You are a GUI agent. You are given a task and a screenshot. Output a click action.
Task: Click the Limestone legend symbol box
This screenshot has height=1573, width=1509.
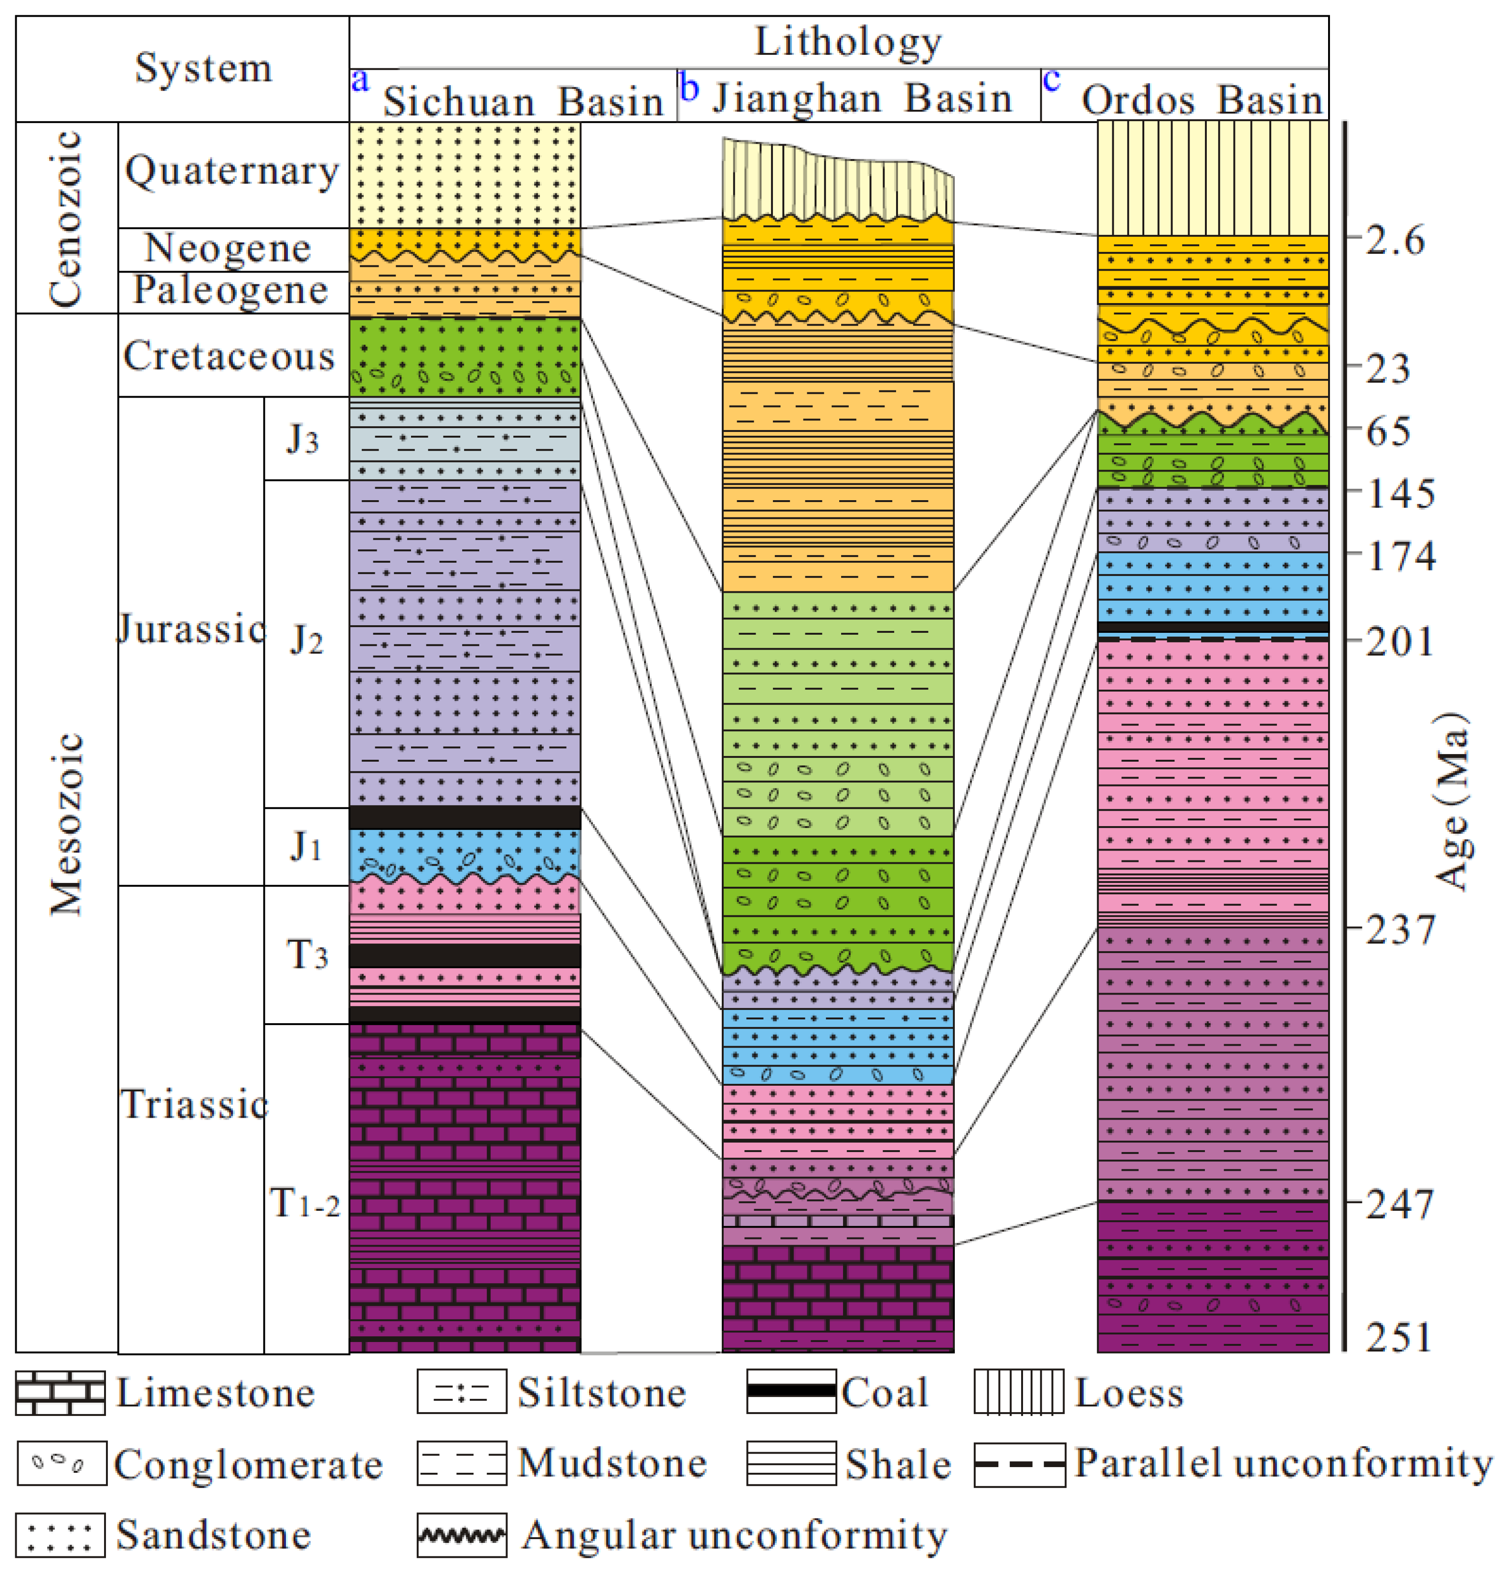[60, 1393]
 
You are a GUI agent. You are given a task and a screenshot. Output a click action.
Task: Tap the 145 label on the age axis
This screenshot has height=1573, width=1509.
[1401, 493]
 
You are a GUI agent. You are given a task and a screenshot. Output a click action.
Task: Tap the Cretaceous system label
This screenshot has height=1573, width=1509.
[229, 356]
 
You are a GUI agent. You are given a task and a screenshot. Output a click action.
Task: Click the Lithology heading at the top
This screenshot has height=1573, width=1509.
[848, 42]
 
